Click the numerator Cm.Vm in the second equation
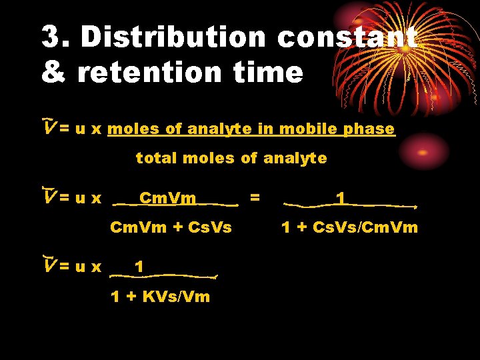(167, 198)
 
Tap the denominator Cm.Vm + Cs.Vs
(171, 227)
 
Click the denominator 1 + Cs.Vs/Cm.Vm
(349, 227)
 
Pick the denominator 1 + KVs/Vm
(160, 297)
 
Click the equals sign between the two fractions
(254, 197)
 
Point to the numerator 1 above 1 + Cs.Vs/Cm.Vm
(341, 198)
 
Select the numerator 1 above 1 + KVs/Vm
(139, 267)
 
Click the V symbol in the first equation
(47, 128)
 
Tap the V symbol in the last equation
(47, 266)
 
